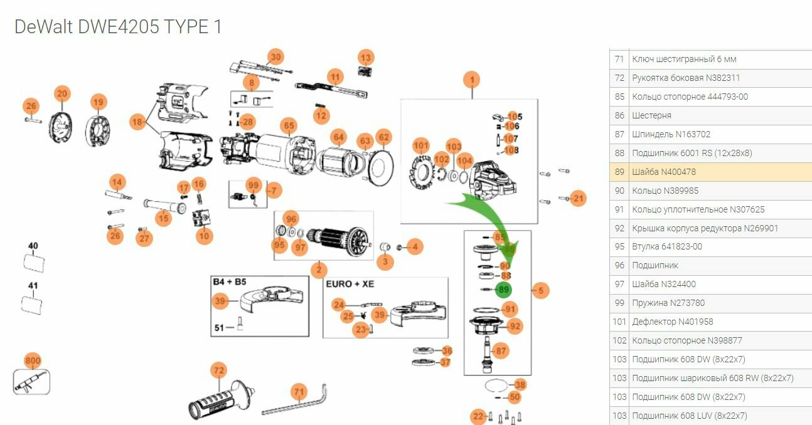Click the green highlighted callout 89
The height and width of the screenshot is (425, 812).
click(503, 290)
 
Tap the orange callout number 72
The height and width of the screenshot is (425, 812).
click(218, 371)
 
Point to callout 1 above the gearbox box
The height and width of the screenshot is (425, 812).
click(471, 80)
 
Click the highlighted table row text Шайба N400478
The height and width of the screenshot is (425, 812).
click(664, 172)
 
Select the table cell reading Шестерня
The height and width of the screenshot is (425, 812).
click(651, 115)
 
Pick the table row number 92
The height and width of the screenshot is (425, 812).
click(619, 228)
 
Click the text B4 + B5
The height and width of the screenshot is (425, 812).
click(230, 283)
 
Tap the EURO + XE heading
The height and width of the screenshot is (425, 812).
click(350, 284)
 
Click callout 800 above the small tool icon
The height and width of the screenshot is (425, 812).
click(33, 361)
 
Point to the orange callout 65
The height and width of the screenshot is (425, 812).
click(288, 125)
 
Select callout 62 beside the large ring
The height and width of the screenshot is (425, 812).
click(384, 137)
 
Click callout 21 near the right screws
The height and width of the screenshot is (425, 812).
click(578, 199)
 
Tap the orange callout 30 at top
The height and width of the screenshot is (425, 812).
click(275, 57)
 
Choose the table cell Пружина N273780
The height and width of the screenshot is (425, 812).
click(668, 303)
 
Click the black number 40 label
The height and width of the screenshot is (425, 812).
click(33, 246)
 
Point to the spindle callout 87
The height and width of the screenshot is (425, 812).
click(501, 351)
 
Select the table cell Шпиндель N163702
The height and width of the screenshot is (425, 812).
click(671, 134)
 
